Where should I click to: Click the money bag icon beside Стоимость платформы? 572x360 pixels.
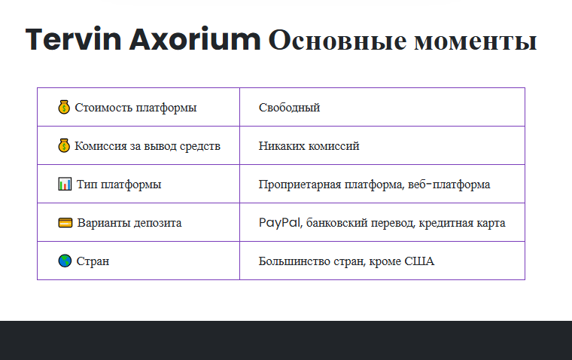[x=64, y=108]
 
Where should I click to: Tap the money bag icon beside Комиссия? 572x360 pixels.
[x=64, y=146]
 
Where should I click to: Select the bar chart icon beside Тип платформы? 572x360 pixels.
[x=65, y=185]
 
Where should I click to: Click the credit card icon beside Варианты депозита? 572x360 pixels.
[x=65, y=223]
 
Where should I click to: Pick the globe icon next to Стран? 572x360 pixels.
[x=65, y=261]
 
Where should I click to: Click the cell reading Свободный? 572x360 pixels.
[x=289, y=108]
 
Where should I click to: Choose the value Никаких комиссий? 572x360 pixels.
[x=309, y=146]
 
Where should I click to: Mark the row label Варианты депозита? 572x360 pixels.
[x=129, y=223]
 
